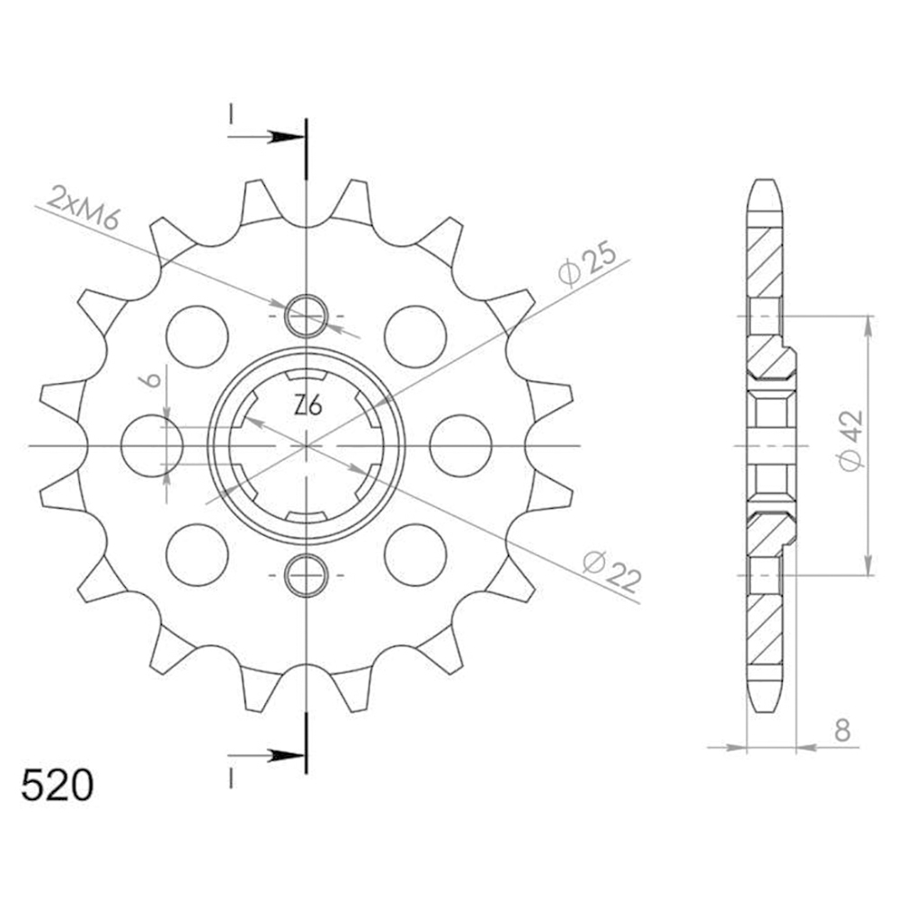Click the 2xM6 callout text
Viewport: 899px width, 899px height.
(83, 207)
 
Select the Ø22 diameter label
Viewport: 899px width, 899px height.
(611, 572)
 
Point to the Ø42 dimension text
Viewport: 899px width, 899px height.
(850, 440)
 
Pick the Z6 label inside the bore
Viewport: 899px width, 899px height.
(307, 406)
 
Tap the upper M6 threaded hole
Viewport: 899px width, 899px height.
(307, 316)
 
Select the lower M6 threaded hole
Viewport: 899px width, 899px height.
(307, 575)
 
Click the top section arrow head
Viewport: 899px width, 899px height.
(287, 137)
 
